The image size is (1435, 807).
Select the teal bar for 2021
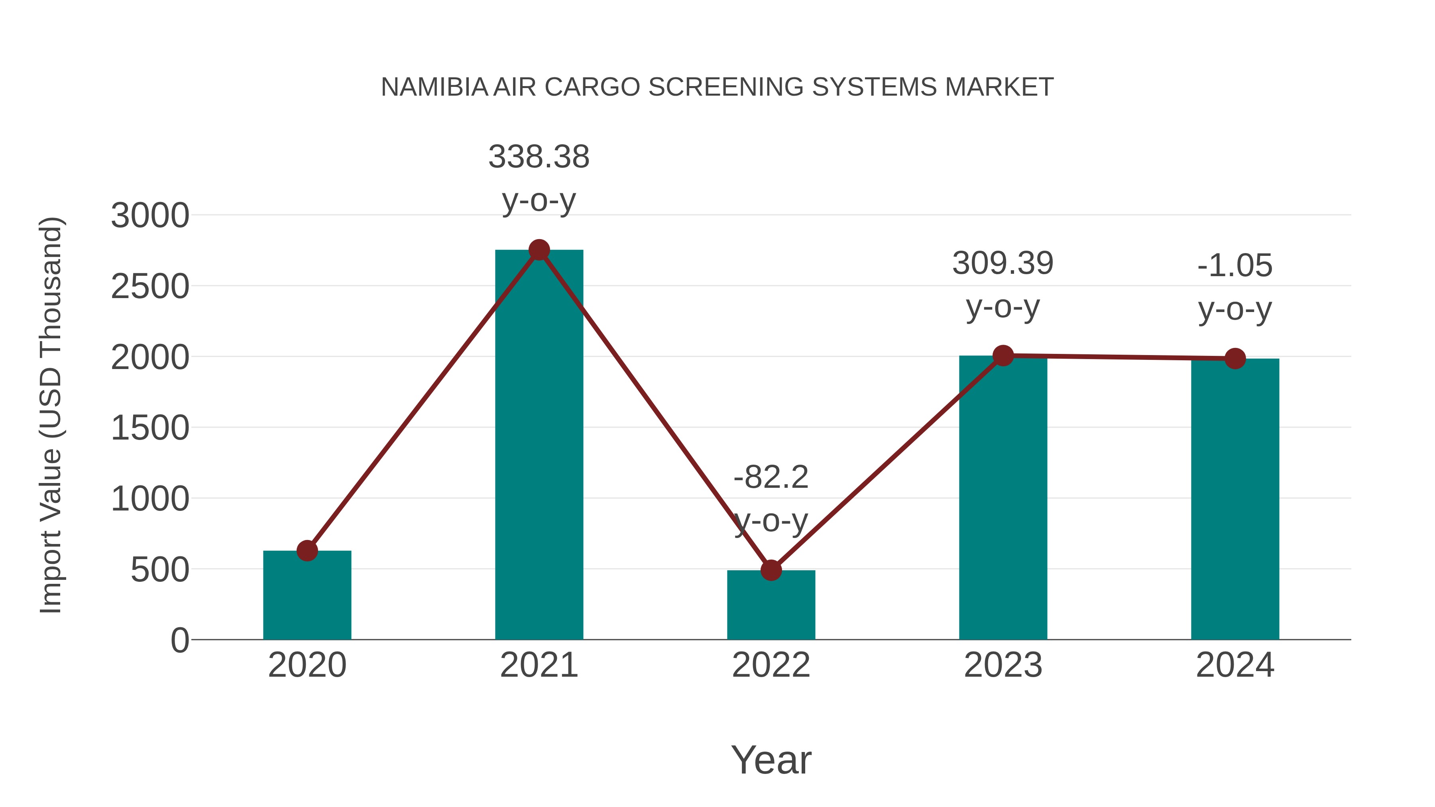click(x=539, y=446)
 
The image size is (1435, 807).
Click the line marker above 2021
click(x=539, y=250)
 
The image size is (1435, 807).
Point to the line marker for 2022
click(x=771, y=570)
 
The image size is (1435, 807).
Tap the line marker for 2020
click(x=307, y=551)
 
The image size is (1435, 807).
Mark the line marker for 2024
click(x=1234, y=359)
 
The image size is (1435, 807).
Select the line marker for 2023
click(x=1003, y=355)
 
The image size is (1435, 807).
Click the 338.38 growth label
click(x=539, y=157)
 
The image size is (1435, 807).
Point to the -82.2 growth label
click(x=771, y=478)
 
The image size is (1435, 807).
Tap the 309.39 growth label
click(x=1003, y=263)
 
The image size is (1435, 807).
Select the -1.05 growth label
click(x=1234, y=266)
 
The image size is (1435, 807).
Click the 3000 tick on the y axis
click(x=150, y=216)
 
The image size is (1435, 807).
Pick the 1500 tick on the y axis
click(x=150, y=429)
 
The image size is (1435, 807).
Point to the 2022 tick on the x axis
click(x=771, y=665)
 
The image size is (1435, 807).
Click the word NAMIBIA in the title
click(x=434, y=87)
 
